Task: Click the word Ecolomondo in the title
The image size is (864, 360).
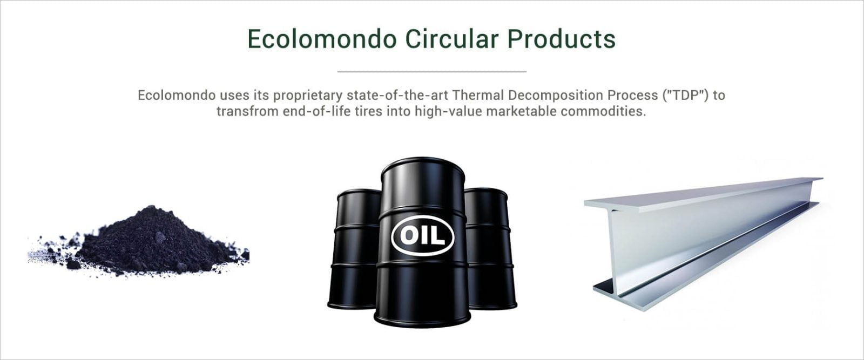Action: pyautogui.click(x=322, y=39)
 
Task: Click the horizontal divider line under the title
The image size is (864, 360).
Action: pyautogui.click(x=431, y=71)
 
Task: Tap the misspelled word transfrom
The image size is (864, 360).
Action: pyautogui.click(x=247, y=111)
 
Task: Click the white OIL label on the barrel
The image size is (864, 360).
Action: pyautogui.click(x=422, y=235)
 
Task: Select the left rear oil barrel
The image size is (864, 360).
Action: pyautogui.click(x=354, y=249)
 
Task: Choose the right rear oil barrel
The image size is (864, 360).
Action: pyautogui.click(x=490, y=249)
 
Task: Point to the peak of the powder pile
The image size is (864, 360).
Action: pyautogui.click(x=151, y=207)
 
